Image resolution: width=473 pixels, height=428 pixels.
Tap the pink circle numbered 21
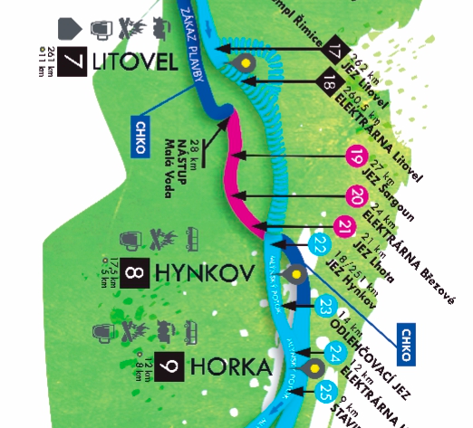(344, 224)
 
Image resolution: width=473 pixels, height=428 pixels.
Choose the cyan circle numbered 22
(320, 243)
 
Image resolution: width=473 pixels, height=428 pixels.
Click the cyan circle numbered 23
(326, 308)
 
